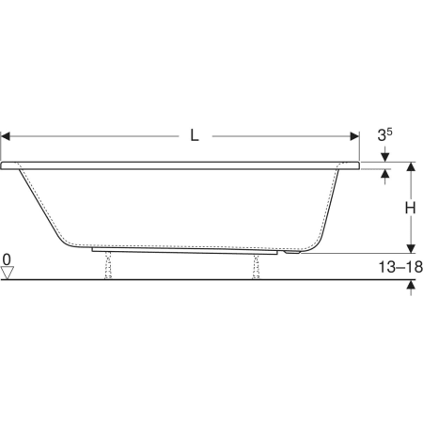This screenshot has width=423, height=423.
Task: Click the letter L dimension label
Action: [x=195, y=135]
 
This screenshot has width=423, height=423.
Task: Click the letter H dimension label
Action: [x=410, y=208]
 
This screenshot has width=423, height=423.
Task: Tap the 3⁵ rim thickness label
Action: [x=384, y=135]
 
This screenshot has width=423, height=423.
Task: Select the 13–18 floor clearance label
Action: [x=400, y=267]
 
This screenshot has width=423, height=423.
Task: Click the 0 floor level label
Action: [x=7, y=259]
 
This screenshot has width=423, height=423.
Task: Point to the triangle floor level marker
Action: [x=8, y=273]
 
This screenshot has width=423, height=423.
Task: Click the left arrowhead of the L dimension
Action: [x=6, y=136]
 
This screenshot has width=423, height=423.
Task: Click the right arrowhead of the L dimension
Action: [x=354, y=136]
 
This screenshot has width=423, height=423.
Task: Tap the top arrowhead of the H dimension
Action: [x=411, y=166]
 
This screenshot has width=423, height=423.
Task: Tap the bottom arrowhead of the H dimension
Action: [x=411, y=248]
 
